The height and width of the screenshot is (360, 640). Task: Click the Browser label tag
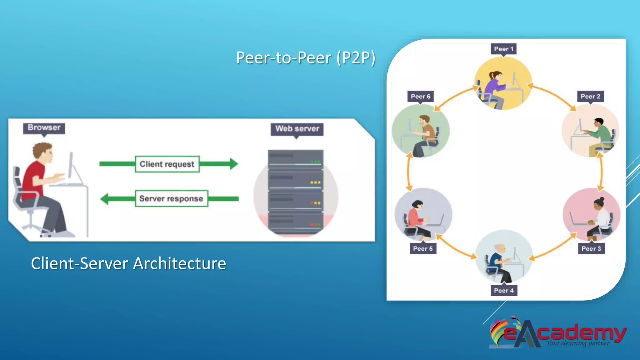44,128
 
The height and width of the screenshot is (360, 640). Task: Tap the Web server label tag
297,129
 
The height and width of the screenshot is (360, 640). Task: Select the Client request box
167,164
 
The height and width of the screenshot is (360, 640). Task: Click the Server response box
171,198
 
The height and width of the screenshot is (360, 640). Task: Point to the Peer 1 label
503,49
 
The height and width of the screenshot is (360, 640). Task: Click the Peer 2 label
590,96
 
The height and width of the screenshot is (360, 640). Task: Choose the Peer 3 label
591,248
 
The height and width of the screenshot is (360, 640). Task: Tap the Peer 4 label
503,290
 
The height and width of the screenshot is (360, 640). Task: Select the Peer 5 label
422,248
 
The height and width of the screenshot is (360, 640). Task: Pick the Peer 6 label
420,96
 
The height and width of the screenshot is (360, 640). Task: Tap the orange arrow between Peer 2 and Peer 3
601,172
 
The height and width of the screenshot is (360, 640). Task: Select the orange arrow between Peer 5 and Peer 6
408,172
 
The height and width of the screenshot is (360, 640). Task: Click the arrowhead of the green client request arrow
234,164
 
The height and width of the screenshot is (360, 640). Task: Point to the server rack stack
295,192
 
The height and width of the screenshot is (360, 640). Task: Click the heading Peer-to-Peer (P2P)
305,58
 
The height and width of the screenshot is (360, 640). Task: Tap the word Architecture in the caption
179,263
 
